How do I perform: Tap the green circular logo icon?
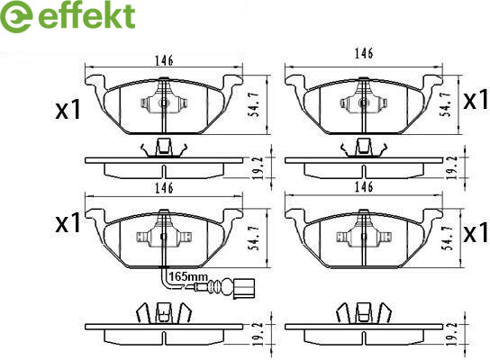(16, 16)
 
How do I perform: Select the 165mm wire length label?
(188, 276)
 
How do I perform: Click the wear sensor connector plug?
(243, 289)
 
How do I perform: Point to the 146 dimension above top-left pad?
(164, 60)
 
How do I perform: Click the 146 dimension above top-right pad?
(364, 53)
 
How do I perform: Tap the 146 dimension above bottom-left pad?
(164, 188)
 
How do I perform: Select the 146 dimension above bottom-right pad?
(364, 186)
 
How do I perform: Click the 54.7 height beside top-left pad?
(255, 104)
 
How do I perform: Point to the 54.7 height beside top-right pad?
(447, 104)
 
